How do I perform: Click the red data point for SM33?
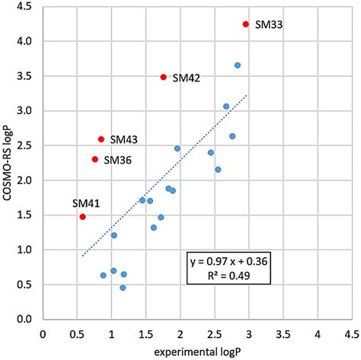(245, 24)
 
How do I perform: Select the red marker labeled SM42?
(163, 77)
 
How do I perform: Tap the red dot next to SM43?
(101, 139)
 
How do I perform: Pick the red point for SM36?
(94, 159)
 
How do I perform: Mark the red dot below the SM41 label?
(82, 217)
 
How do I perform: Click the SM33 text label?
(269, 25)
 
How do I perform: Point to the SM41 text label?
(85, 203)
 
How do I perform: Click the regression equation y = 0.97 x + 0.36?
(228, 261)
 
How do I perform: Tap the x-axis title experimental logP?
(197, 352)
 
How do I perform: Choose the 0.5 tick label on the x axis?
(77, 333)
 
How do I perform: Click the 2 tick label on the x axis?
(180, 333)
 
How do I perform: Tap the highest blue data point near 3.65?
(238, 65)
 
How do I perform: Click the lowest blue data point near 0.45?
(123, 288)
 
